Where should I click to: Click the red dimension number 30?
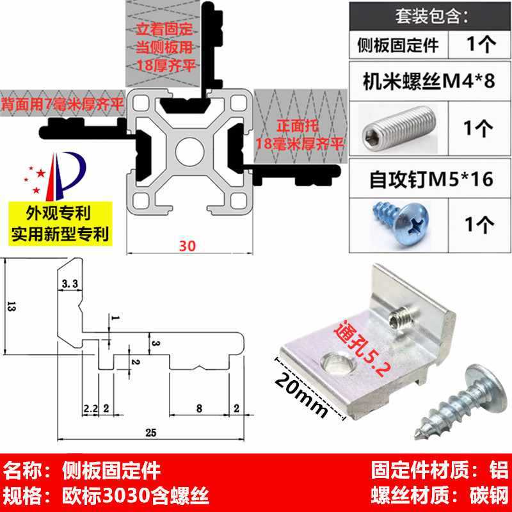click(x=186, y=245)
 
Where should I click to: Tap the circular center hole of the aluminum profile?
click(x=186, y=152)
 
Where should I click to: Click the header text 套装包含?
click(x=428, y=14)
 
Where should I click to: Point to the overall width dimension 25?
click(x=151, y=433)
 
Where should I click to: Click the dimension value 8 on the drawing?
click(x=199, y=408)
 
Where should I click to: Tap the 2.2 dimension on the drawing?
click(x=90, y=408)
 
